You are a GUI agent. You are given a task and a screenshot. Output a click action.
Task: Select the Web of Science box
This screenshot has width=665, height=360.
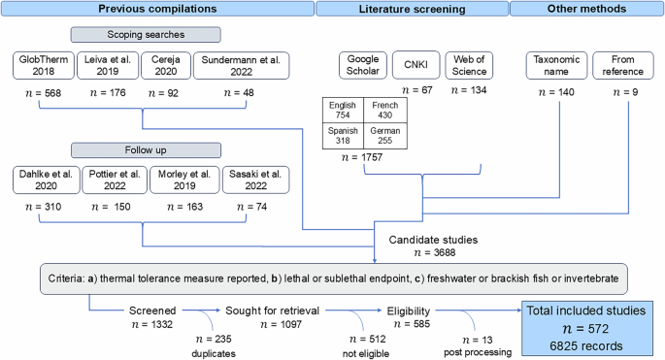pos(472,65)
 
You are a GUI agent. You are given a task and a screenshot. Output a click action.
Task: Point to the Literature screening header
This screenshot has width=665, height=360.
pos(412,10)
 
